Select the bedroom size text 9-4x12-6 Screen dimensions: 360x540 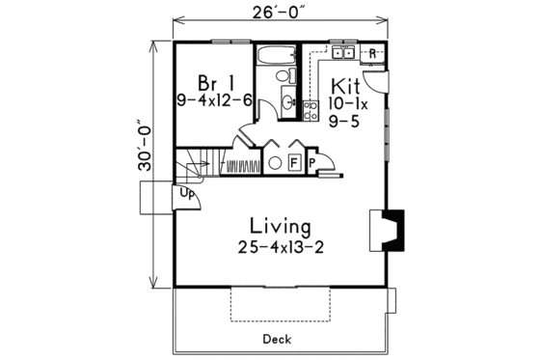click(x=214, y=98)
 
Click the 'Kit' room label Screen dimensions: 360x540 click(x=347, y=85)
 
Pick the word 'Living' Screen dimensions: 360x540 click(x=280, y=227)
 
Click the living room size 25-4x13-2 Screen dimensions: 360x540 click(x=280, y=247)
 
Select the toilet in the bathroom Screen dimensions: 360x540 click(x=283, y=75)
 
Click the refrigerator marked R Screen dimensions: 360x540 click(x=372, y=53)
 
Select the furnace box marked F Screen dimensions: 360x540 click(x=295, y=162)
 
